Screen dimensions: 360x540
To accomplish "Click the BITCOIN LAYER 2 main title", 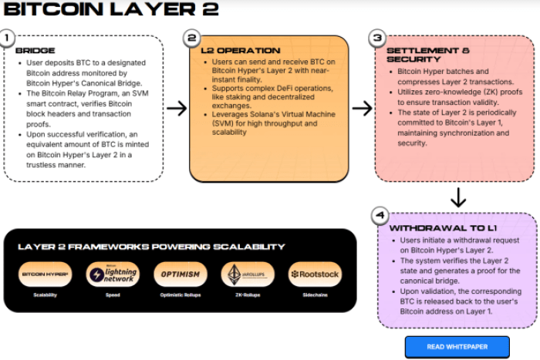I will pyautogui.click(x=112, y=10).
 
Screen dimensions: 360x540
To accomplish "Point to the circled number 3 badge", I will pyautogui.click(x=377, y=38).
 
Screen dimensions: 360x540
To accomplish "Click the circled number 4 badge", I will pyautogui.click(x=378, y=215).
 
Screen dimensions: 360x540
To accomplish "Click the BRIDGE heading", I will pyautogui.click(x=30, y=51).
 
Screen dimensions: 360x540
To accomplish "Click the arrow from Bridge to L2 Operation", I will pyautogui.click(x=177, y=108).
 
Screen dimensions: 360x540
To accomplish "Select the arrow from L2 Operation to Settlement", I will pyautogui.click(x=362, y=108).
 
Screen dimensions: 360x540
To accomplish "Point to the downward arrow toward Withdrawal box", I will pyautogui.click(x=458, y=197).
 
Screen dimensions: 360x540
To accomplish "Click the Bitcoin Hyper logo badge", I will pyautogui.click(x=44, y=274).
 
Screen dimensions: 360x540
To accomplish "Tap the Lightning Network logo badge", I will pyautogui.click(x=113, y=274).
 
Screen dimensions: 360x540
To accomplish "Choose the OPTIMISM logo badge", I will pyautogui.click(x=181, y=274).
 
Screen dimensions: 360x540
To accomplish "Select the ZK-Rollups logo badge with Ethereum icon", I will pyautogui.click(x=247, y=274).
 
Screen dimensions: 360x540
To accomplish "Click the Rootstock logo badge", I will pyautogui.click(x=314, y=274).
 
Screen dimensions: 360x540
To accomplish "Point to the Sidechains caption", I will pyautogui.click(x=314, y=295).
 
